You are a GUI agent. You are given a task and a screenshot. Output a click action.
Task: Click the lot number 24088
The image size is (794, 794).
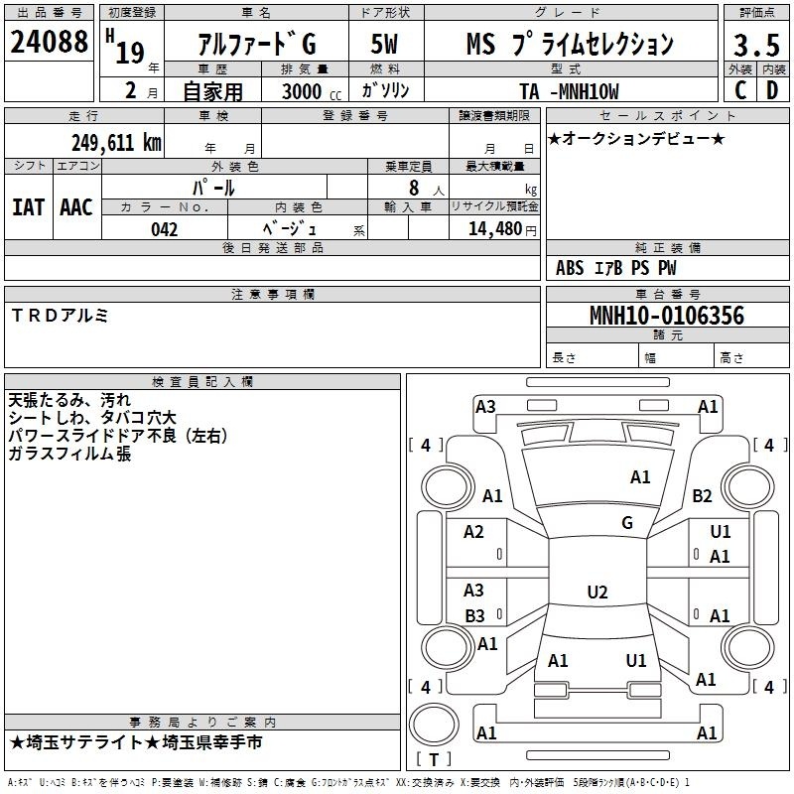click(x=49, y=42)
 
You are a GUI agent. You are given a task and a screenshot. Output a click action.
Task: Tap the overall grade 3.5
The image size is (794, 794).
click(x=756, y=46)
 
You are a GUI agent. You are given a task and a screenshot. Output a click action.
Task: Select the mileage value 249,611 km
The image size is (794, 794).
click(x=116, y=143)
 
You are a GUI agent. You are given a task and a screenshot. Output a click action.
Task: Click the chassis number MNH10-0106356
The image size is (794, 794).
click(x=667, y=316)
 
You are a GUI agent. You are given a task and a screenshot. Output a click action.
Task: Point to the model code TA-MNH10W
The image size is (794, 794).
click(x=569, y=91)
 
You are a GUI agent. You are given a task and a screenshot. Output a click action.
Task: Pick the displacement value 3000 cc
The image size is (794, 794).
click(x=312, y=91)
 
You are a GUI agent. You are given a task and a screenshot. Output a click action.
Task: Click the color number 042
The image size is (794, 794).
click(x=164, y=229)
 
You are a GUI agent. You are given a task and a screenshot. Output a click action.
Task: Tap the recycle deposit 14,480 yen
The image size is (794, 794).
click(x=502, y=229)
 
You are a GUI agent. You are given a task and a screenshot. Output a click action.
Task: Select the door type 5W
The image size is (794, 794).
click(x=384, y=44)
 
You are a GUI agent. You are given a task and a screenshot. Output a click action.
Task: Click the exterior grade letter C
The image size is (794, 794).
click(x=740, y=90)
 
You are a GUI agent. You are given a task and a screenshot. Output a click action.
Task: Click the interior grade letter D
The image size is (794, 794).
click(x=772, y=90)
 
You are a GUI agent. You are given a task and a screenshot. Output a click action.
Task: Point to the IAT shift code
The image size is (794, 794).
click(x=29, y=207)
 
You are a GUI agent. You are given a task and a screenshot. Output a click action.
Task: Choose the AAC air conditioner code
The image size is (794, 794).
click(x=76, y=207)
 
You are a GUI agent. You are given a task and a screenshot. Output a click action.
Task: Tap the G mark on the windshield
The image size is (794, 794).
click(x=627, y=523)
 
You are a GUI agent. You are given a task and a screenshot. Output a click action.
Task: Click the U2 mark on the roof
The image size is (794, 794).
click(x=597, y=592)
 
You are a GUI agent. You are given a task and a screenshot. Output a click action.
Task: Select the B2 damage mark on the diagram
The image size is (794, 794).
click(x=702, y=495)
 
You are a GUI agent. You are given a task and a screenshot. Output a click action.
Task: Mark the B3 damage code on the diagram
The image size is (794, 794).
click(x=474, y=616)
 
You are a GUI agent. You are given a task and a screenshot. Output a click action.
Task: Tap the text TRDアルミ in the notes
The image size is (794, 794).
click(x=60, y=316)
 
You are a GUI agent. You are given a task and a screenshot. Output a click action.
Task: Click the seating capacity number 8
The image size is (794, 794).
click(x=414, y=188)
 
